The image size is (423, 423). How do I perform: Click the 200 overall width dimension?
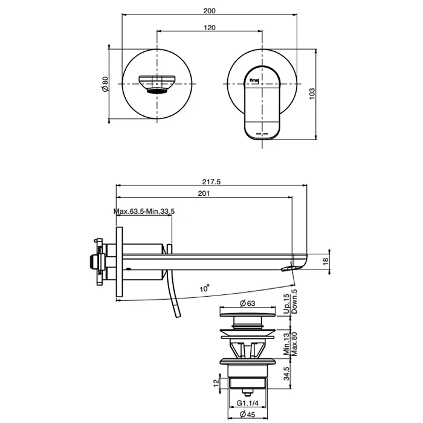209,11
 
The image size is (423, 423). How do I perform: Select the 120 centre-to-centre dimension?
209,28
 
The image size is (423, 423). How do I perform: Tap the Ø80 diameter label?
105,84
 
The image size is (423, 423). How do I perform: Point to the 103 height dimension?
312,94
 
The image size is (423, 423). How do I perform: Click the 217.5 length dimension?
211,181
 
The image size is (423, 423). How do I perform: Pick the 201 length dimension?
204,193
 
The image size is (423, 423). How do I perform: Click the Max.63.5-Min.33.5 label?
144,211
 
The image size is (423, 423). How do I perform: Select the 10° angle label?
205,288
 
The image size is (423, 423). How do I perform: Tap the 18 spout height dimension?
326,261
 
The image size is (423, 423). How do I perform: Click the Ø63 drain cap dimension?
247,303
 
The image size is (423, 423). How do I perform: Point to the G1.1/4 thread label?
248,403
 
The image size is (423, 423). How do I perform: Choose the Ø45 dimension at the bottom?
247,414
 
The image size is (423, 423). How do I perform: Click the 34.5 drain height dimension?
286,373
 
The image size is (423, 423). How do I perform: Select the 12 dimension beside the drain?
216,383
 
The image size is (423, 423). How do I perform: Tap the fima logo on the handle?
254,80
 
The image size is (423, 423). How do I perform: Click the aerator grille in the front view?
157,91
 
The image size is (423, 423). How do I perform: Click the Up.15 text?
286,304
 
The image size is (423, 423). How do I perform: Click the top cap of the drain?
248,315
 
